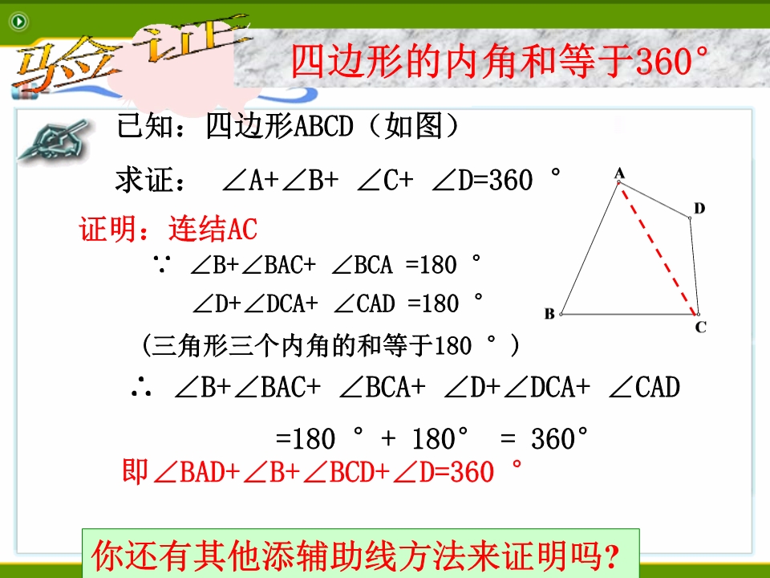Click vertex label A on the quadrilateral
tap(619, 173)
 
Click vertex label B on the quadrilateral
tap(549, 314)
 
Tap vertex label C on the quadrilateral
tap(701, 327)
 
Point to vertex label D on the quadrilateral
tap(699, 209)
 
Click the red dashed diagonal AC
tap(658, 249)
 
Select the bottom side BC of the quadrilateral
tap(630, 314)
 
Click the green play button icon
tap(19, 21)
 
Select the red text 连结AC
tap(213, 229)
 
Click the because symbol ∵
tap(161, 265)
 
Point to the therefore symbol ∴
tap(141, 387)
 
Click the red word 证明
tap(107, 229)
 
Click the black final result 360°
tap(559, 438)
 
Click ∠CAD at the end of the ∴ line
tap(644, 387)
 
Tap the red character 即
tap(135, 471)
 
